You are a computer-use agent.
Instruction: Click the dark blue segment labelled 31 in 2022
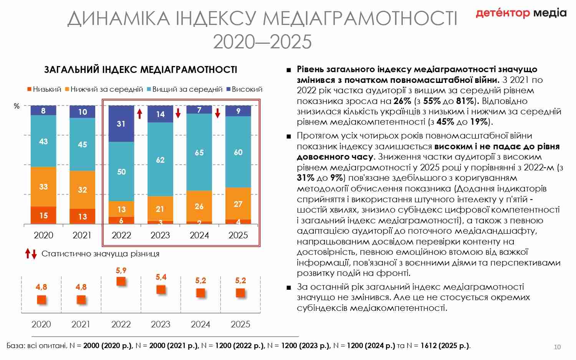coord(121,124)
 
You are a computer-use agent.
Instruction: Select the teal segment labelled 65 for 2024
coord(199,152)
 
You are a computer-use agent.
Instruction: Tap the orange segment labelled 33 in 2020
coord(43,187)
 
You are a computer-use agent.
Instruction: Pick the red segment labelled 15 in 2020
coord(43,215)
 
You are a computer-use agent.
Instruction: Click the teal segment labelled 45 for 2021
coord(82,144)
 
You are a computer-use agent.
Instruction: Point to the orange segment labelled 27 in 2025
coord(238,204)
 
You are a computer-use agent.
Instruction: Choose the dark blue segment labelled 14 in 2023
coord(160,114)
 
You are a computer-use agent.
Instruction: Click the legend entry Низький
coord(44,89)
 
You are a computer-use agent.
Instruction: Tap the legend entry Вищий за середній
coord(184,89)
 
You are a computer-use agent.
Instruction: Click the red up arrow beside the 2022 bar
coord(139,114)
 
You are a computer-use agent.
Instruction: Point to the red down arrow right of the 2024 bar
coord(217,113)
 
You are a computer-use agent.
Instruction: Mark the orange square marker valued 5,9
coord(121,281)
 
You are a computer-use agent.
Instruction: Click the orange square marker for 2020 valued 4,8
coord(41,299)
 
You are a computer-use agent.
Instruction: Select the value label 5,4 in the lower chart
coord(161,277)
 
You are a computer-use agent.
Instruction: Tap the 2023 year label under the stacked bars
coord(160,235)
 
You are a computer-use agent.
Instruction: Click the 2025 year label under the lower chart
coord(240,324)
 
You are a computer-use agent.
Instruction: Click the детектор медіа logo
coord(521,13)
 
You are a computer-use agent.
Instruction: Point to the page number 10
coord(557,347)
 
